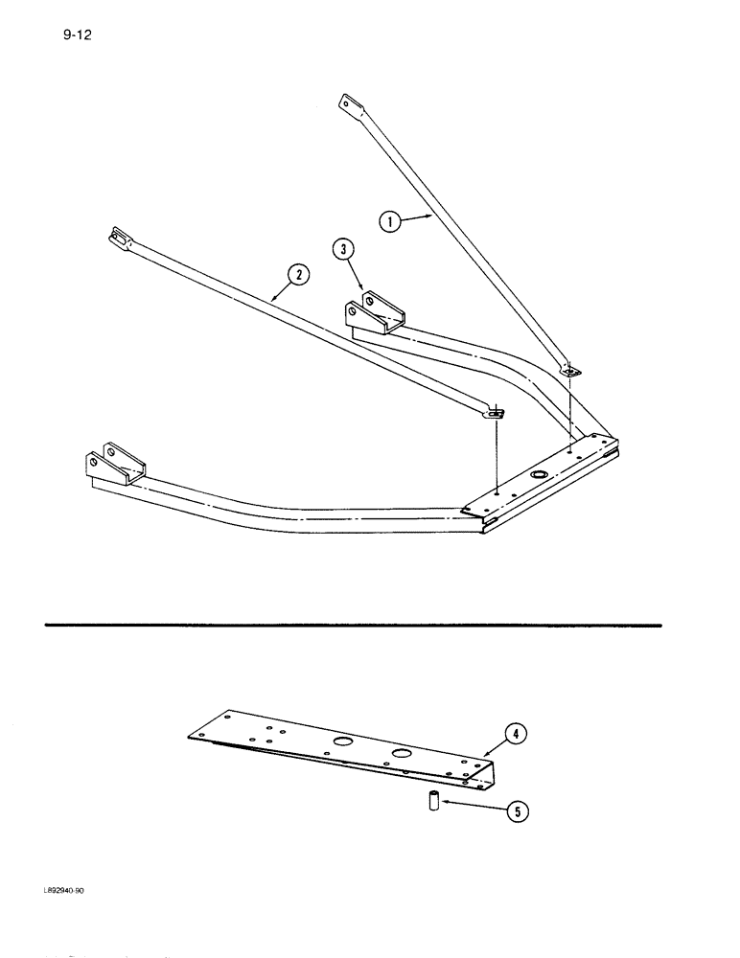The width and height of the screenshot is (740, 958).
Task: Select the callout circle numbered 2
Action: click(300, 276)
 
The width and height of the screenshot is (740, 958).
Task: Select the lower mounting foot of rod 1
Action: click(569, 369)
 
